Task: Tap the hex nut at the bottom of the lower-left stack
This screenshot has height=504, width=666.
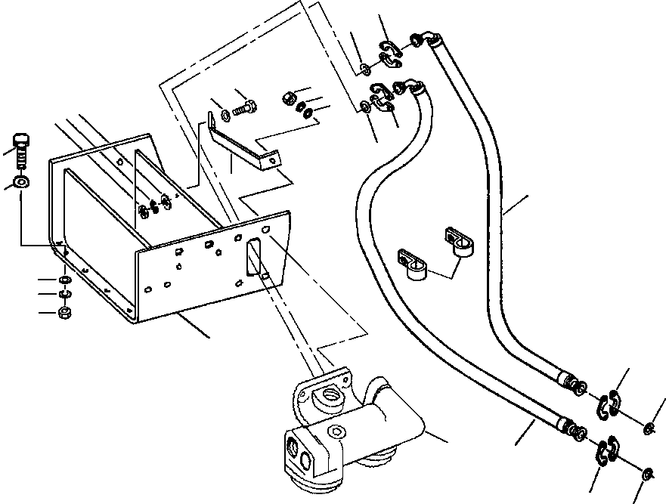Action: tap(65, 311)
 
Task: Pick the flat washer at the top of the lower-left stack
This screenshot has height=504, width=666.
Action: tap(65, 280)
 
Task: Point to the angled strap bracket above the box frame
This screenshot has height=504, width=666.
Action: tap(242, 144)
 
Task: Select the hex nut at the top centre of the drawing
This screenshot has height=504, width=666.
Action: tap(287, 97)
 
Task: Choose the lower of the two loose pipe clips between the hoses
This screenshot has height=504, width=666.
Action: tap(412, 264)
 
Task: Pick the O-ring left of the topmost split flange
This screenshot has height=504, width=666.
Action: tap(365, 70)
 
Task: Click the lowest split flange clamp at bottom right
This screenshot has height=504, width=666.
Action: tap(606, 451)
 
